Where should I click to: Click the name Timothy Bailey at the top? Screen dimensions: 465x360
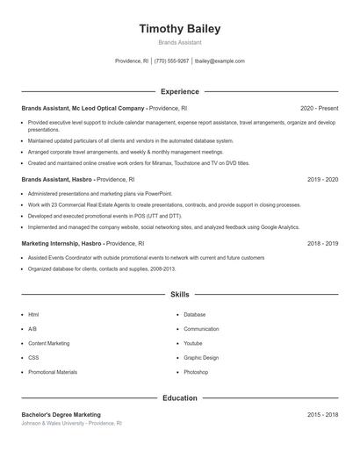pos(179,29)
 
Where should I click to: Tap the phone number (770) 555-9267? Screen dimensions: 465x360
pos(172,61)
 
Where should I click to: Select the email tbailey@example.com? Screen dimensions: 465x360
pos(220,61)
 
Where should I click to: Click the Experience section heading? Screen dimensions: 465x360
pos(179,91)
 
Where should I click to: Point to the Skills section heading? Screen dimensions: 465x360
pos(179,295)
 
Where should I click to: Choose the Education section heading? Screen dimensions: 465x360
pos(179,397)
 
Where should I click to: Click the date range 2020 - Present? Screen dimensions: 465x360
pos(319,108)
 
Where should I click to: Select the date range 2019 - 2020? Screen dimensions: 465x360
pos(322,179)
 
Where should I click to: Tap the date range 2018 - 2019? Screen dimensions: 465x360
pos(322,243)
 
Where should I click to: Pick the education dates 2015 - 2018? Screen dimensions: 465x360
pos(322,414)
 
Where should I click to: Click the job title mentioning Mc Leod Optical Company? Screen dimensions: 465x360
pos(83,108)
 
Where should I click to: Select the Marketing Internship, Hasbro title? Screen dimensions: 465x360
pos(62,243)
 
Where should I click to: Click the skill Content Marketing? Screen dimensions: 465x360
pos(48,343)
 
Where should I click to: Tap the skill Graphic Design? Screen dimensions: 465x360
pos(201,358)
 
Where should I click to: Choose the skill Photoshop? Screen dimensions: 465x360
pos(196,372)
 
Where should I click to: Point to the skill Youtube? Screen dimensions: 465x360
pos(193,343)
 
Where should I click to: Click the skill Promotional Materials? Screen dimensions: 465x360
pos(53,372)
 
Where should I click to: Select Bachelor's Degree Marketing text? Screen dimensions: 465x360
pos(61,414)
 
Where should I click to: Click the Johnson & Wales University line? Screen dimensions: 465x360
pos(71,423)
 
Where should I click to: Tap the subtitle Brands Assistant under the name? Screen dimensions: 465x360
pos(179,42)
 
